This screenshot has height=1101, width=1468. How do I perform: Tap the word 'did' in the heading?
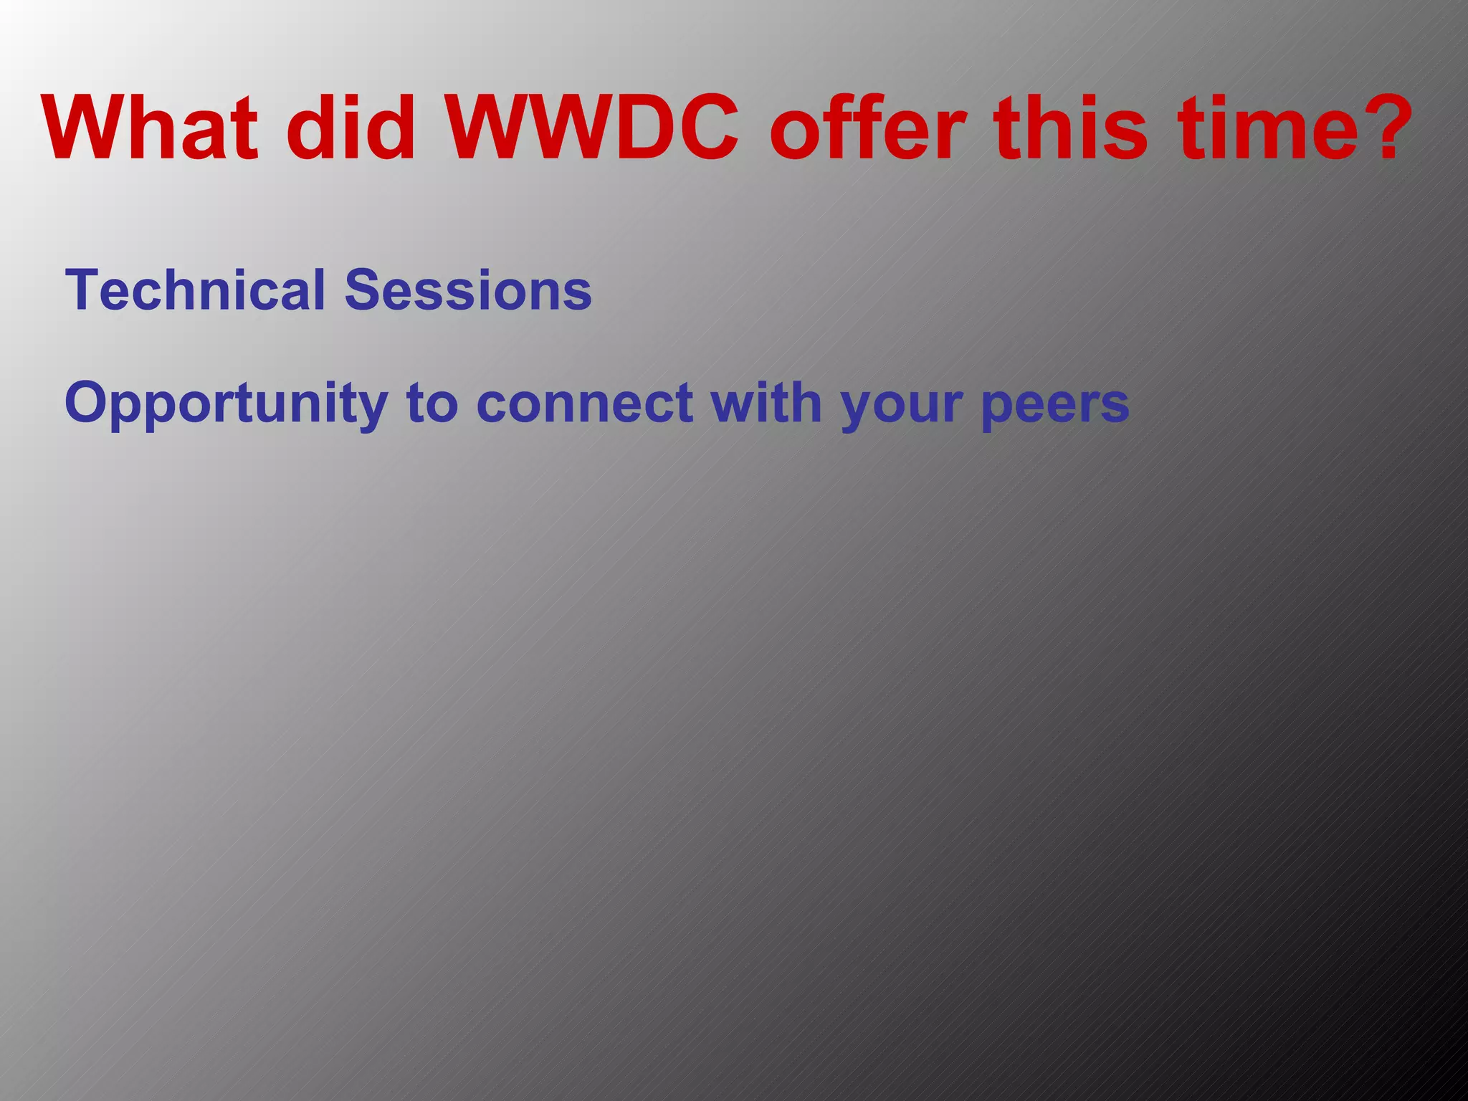tap(351, 129)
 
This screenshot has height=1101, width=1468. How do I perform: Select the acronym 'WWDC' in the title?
tap(592, 129)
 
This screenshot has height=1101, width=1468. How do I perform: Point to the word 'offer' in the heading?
tap(868, 129)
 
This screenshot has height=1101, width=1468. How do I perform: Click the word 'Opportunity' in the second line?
tap(227, 404)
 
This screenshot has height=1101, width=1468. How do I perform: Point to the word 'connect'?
tap(584, 404)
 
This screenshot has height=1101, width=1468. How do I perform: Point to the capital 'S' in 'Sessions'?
tap(362, 290)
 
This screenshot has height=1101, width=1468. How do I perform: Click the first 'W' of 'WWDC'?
tap(488, 129)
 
